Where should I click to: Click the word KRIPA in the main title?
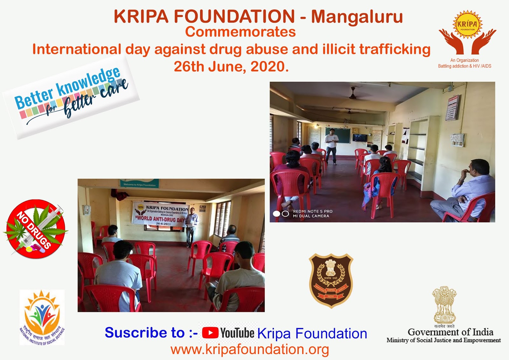(141, 17)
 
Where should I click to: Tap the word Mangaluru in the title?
(357, 17)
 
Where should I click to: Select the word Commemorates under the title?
(241, 32)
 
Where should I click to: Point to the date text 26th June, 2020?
(231, 67)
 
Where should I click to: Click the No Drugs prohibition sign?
(35, 229)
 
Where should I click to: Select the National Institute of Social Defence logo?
(42, 317)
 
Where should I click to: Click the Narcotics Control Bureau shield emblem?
(331, 280)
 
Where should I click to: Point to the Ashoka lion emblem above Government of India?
(444, 305)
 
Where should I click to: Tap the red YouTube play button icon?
(210, 333)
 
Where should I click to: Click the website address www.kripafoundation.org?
(250, 349)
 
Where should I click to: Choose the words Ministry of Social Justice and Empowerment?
(443, 340)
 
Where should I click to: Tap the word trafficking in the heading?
(395, 49)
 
